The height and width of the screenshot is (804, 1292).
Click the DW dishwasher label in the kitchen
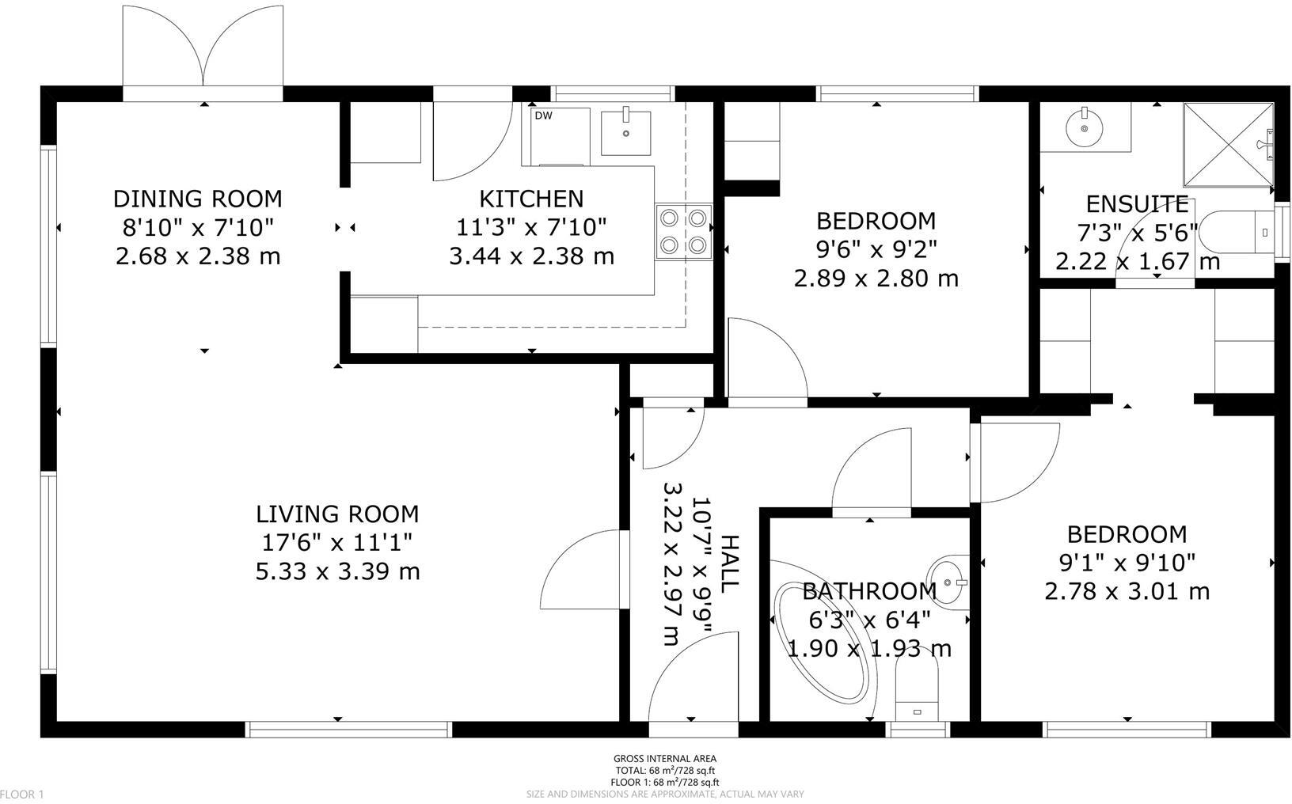[x=543, y=116]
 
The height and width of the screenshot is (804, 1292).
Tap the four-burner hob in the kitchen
[x=683, y=230]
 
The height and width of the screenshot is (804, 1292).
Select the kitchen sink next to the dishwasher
[x=626, y=132]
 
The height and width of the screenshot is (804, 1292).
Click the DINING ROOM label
[x=197, y=198]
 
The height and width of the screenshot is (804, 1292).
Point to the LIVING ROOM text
[x=337, y=514]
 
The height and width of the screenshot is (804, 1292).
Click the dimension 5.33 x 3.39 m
[x=337, y=571]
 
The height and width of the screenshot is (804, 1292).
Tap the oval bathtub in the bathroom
[x=823, y=642]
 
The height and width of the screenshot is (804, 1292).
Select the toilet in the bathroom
[x=917, y=688]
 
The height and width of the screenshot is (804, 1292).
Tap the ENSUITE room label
[x=1137, y=204]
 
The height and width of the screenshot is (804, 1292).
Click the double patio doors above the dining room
[x=203, y=49]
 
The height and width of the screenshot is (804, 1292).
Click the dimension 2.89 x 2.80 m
[x=876, y=279]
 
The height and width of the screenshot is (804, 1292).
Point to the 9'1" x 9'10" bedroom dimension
[x=1127, y=563]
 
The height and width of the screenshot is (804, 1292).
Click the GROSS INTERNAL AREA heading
[x=665, y=759]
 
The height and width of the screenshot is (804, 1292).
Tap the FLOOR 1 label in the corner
[x=23, y=794]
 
